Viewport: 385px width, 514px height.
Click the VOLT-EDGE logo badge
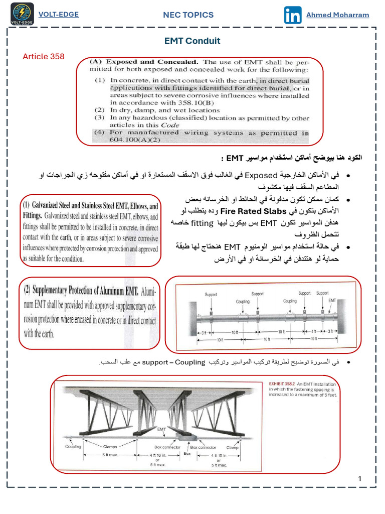[22, 14]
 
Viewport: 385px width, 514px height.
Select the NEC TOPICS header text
[188, 15]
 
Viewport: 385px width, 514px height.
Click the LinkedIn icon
[293, 15]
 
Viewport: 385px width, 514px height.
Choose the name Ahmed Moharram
[337, 15]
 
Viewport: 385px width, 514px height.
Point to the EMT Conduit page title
[192, 41]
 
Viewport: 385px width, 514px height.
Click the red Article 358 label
[44, 56]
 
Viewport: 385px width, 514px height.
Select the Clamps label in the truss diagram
[110, 446]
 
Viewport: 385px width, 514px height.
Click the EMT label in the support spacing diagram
[332, 300]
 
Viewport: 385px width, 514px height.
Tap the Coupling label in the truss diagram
[73, 446]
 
